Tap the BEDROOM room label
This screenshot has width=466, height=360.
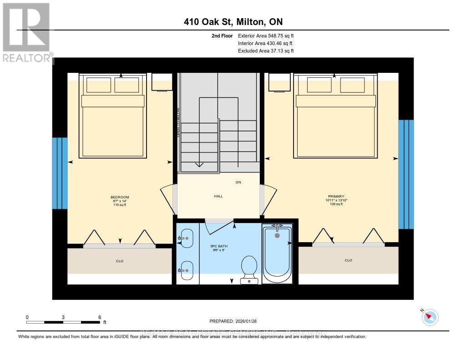[120, 201]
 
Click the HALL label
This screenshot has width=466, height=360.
[218, 196]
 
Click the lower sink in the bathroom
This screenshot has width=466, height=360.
[186, 271]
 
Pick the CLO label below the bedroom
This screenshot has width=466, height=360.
[120, 261]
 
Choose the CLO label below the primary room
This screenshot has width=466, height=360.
[348, 260]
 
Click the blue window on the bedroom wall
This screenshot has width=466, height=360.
[60, 173]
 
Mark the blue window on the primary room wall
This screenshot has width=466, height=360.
[406, 174]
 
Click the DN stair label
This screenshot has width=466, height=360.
[238, 182]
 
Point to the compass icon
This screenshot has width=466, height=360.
[430, 317]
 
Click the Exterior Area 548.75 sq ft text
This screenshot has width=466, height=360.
[269, 35]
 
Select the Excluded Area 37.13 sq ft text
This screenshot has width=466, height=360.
[266, 51]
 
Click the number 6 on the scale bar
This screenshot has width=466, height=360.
[99, 317]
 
